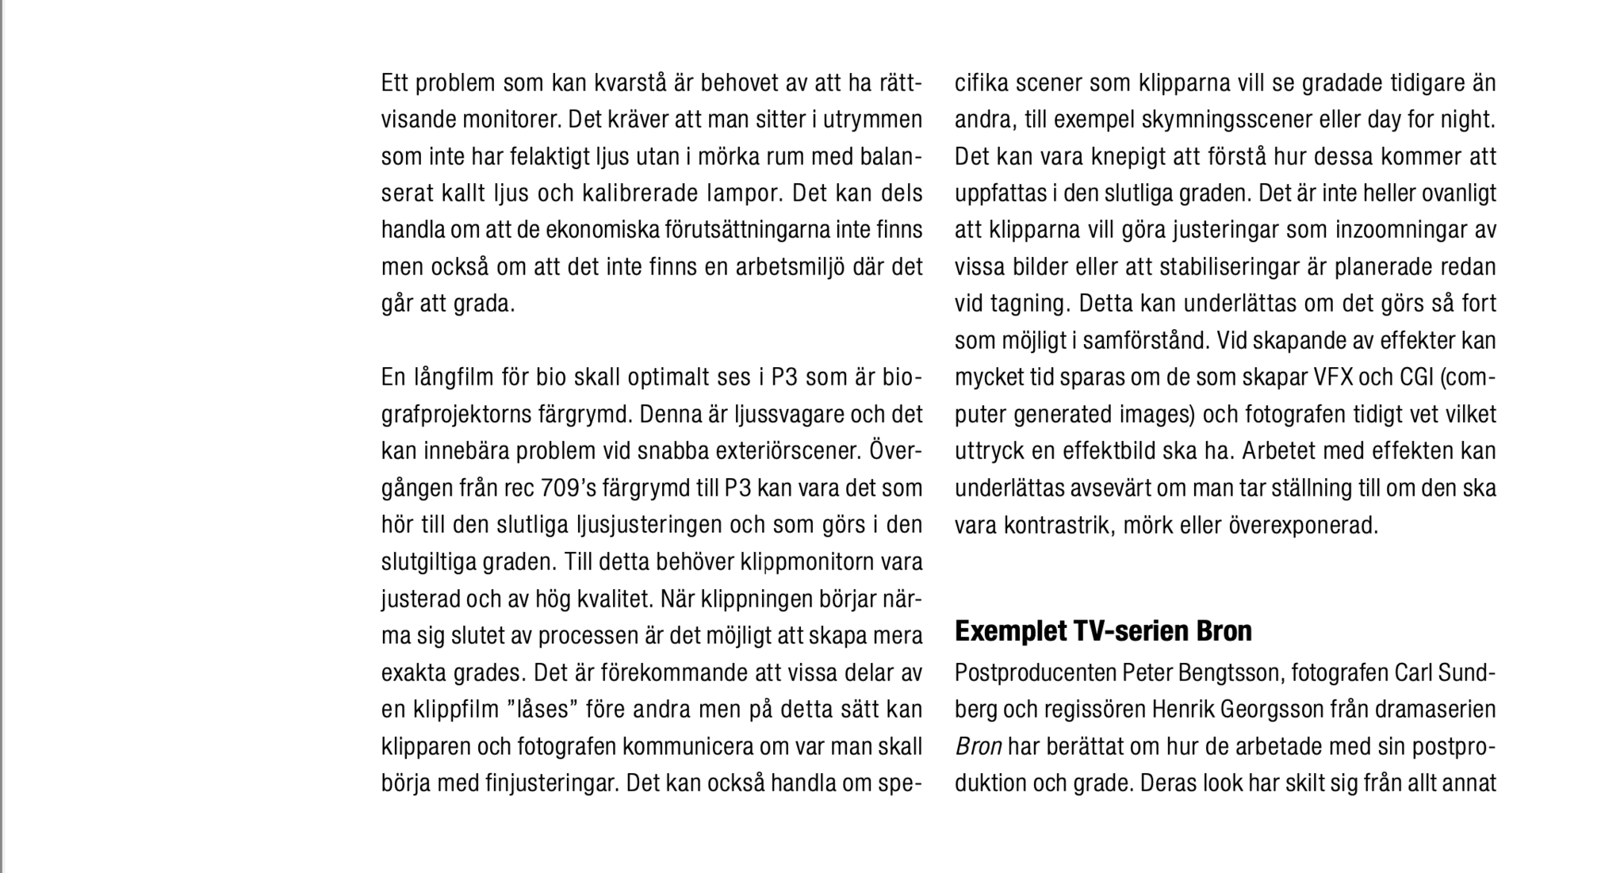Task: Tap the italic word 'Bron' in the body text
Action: coord(979,747)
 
